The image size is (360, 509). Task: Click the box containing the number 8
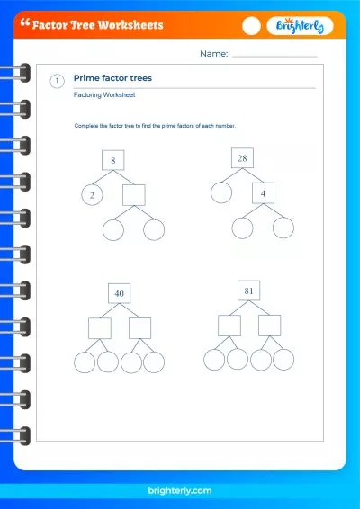pos(113,161)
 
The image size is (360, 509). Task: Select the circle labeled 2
pos(91,194)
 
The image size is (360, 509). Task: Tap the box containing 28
pos(242,158)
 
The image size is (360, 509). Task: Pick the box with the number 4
pos(263,192)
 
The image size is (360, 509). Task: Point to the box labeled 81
pos(249,291)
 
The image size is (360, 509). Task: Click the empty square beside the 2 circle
pos(133,195)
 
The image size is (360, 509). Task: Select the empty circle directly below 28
pos(221,192)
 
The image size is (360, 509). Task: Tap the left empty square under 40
pos(100,328)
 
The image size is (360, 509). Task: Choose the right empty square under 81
pos(270,326)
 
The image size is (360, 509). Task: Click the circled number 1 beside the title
pos(58,81)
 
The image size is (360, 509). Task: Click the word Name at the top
pos(213,55)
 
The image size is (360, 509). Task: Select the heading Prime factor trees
pos(112,78)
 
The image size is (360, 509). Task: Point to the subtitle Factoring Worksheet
pos(105,94)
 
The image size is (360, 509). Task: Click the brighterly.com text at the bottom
pos(180,491)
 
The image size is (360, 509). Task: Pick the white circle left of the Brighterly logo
pos(252,27)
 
